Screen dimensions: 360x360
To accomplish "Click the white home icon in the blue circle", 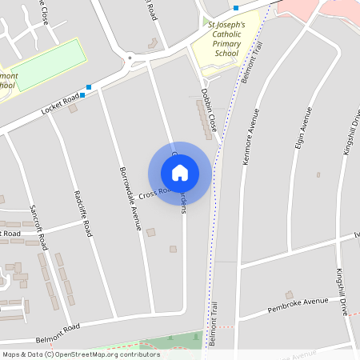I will (180, 173).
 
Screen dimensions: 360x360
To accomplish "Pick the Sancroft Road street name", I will (39, 225).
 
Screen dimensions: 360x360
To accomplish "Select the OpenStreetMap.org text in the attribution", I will (83, 354).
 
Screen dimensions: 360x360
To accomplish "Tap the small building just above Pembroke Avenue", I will (289, 294).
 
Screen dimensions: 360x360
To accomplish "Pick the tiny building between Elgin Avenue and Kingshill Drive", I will (318, 174).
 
